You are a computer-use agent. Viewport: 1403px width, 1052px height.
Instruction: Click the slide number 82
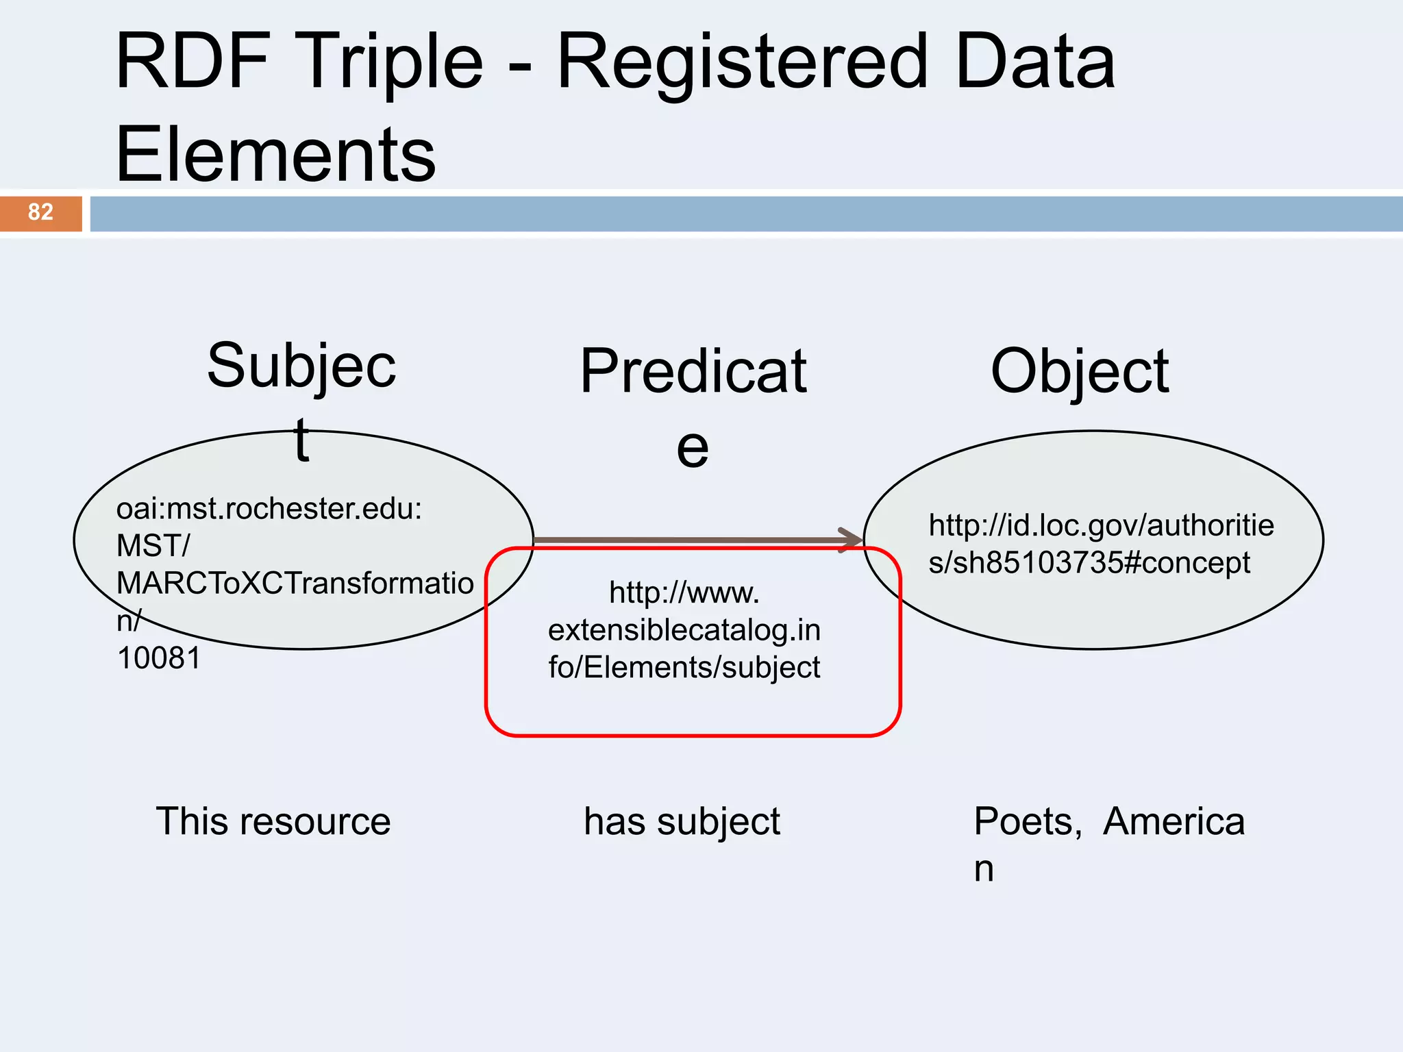40,212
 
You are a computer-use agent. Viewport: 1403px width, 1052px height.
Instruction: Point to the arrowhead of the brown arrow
852,539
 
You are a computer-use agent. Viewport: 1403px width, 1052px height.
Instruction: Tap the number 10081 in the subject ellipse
159,658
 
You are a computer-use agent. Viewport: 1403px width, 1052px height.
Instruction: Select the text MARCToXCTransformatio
295,584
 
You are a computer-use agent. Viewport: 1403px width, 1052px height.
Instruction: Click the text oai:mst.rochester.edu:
269,509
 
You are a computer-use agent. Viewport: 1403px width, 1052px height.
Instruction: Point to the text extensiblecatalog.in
684,630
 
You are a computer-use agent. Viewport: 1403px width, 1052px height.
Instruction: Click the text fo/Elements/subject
684,667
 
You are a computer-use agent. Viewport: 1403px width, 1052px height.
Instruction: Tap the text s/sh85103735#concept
1089,563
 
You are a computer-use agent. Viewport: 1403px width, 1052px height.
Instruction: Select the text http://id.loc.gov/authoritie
1100,526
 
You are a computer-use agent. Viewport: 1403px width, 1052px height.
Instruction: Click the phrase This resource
273,821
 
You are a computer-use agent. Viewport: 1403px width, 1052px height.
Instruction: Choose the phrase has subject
682,821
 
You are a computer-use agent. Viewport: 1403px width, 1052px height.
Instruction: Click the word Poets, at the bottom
1027,821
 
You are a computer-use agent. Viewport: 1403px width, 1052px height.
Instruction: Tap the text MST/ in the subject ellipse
153,546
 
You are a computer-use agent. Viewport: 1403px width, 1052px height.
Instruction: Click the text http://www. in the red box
684,592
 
